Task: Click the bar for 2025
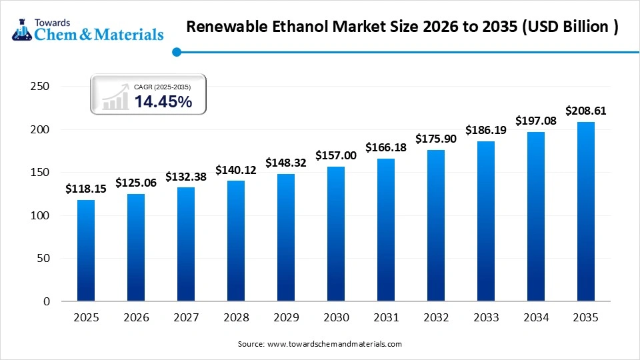tap(86, 251)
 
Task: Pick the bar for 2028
tap(236, 241)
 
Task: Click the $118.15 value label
tap(86, 189)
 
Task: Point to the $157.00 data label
tap(336, 155)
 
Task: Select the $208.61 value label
tap(586, 111)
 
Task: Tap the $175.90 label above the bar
tap(436, 139)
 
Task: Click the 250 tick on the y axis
tap(41, 87)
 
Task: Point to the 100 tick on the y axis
tap(41, 215)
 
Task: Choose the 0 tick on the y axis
tap(47, 301)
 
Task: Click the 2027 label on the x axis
tap(186, 318)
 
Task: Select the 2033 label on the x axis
tap(486, 318)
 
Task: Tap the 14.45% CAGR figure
tap(163, 102)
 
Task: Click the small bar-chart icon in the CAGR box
tap(115, 97)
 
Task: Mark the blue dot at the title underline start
tap(176, 51)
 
